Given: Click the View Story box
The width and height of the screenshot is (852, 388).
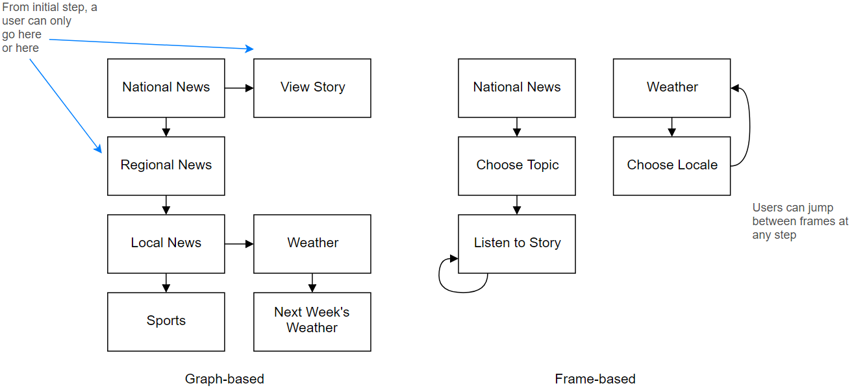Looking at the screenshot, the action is click(x=312, y=88).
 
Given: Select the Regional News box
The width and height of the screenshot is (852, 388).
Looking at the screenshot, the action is click(x=166, y=165).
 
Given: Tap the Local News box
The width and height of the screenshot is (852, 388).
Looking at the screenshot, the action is click(x=166, y=243).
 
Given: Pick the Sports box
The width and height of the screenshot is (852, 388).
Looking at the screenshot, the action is click(x=166, y=322).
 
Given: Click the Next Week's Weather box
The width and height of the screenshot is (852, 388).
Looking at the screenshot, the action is click(x=312, y=322).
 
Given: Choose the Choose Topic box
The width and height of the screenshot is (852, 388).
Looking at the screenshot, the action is click(x=517, y=165).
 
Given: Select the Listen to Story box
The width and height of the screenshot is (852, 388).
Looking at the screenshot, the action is click(x=517, y=243).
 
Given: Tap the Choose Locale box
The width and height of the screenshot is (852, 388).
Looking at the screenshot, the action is click(x=671, y=165).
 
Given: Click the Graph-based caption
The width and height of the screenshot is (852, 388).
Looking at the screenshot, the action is click(x=225, y=379).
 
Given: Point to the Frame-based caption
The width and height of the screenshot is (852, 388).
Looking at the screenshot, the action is click(x=595, y=379).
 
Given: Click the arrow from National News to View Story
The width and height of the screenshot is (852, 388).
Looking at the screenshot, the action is click(x=239, y=88).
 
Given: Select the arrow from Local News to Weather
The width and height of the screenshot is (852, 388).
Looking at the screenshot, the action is click(x=239, y=243).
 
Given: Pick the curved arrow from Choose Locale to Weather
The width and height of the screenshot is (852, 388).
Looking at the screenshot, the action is click(x=749, y=127).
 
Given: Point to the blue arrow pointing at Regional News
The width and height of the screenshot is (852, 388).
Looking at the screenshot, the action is click(x=66, y=106).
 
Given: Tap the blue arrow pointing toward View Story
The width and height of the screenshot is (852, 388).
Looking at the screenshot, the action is click(x=151, y=44).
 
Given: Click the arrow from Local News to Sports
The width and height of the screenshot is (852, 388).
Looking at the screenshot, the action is click(x=166, y=283).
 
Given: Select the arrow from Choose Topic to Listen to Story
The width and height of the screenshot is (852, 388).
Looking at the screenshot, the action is click(x=517, y=205).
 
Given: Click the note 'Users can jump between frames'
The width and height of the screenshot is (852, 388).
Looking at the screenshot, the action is click(x=800, y=221).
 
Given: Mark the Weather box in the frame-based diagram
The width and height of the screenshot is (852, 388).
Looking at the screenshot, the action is click(x=671, y=88).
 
